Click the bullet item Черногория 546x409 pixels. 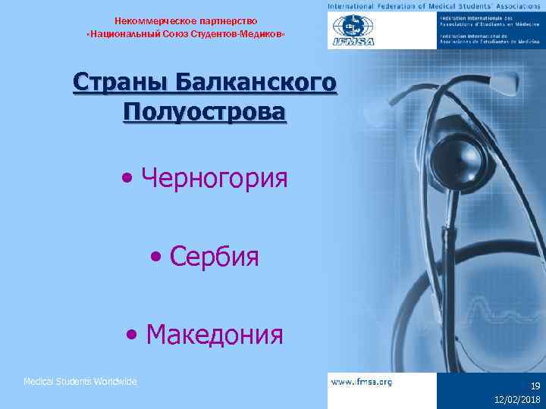coord(215,180)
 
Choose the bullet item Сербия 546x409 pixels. coord(215,257)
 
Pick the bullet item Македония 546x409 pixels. coord(215,333)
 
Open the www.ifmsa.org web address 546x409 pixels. coord(362,382)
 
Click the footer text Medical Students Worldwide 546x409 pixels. coord(80,382)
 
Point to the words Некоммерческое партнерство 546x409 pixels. coord(186,20)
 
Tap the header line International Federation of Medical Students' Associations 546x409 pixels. coord(436,5)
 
